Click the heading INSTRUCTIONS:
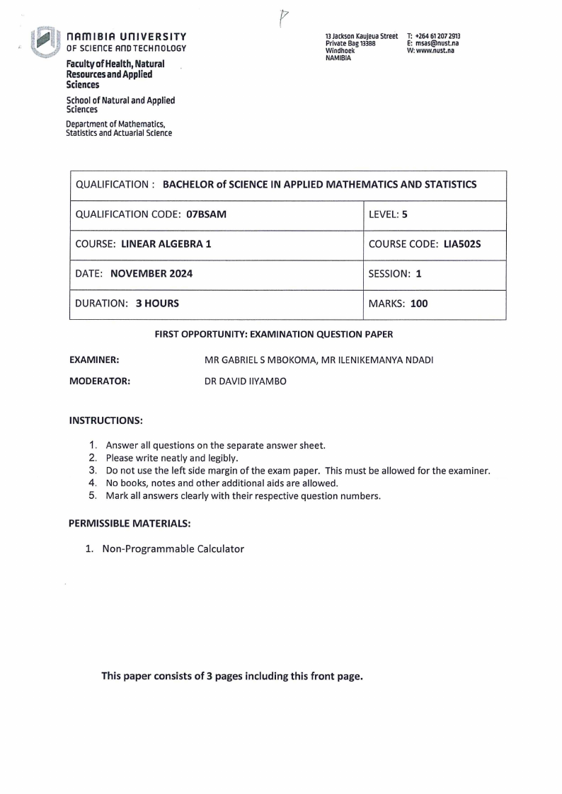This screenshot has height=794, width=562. coord(105,420)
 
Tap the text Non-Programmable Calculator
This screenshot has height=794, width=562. coord(173,548)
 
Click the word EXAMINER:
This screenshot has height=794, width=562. coord(93,360)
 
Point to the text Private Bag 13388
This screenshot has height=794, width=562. coord(350,43)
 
